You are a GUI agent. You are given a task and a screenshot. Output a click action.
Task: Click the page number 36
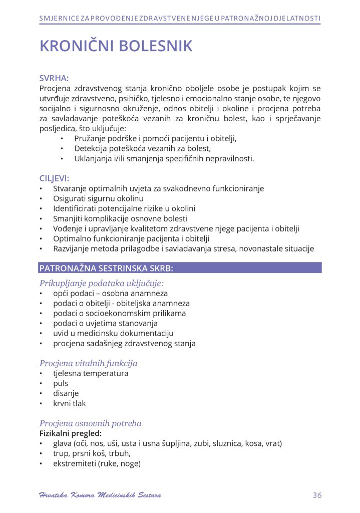[316, 495]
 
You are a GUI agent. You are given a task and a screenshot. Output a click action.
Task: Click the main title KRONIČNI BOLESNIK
[116, 46]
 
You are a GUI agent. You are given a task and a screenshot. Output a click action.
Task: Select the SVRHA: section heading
[54, 78]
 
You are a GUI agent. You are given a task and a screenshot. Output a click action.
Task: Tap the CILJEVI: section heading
[54, 178]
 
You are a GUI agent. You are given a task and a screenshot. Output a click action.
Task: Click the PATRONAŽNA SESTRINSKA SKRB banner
[180, 268]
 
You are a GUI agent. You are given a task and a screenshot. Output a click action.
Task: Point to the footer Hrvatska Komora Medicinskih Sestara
[100, 495]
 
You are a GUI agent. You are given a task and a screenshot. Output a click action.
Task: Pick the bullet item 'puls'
[61, 383]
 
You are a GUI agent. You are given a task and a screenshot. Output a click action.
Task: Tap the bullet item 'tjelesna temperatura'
[91, 373]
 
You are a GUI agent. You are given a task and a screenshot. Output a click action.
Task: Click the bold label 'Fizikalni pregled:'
[70, 433]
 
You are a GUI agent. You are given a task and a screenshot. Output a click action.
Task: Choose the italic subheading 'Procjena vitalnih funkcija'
[88, 363]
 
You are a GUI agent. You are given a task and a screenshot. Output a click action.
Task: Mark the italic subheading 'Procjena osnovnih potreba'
[90, 423]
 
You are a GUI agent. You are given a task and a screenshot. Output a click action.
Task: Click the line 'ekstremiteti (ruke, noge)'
[97, 463]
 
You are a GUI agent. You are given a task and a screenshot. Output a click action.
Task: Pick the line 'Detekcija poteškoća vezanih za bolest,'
[142, 148]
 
